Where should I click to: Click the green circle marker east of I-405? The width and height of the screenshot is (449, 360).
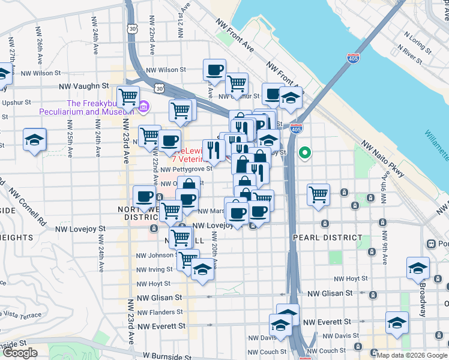point(305,152)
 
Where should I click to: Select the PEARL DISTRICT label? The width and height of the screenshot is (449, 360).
point(318,238)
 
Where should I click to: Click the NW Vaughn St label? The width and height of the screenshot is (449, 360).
point(83,86)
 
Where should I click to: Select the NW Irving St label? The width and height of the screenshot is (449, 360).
point(154,269)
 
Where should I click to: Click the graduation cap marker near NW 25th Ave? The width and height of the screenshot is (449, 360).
point(34,139)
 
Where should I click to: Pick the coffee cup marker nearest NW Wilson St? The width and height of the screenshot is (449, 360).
point(214,70)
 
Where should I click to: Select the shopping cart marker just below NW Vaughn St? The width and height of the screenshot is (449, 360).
point(128,96)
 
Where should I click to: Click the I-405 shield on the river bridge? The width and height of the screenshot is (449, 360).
point(353,59)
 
